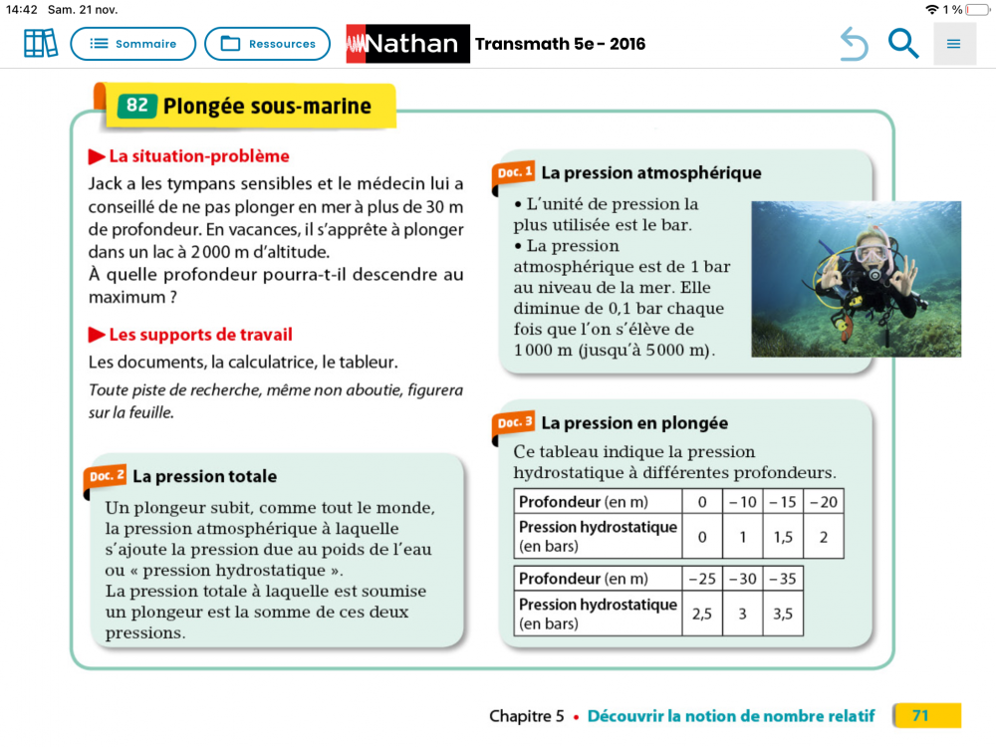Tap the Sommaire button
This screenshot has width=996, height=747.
click(x=132, y=44)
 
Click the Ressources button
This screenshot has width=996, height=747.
click(x=267, y=44)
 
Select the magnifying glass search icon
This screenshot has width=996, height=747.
click(x=903, y=44)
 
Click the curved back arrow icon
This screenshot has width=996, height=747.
click(x=854, y=44)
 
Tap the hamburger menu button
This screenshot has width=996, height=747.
click(x=954, y=44)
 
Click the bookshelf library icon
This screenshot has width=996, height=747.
click(x=41, y=44)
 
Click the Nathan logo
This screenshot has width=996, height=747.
click(x=407, y=44)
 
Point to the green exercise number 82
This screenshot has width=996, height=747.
click(x=137, y=107)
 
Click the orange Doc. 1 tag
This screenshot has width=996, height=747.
click(x=514, y=172)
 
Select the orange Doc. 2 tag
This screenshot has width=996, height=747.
click(x=106, y=476)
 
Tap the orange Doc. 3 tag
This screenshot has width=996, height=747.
click(x=514, y=423)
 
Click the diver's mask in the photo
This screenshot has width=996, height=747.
click(x=871, y=253)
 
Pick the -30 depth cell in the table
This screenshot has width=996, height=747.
click(x=742, y=579)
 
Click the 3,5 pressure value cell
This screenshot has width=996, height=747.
click(x=783, y=615)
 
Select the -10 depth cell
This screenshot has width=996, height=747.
click(x=742, y=502)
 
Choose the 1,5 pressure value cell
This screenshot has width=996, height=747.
click(x=783, y=537)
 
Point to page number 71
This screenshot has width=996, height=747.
click(x=920, y=715)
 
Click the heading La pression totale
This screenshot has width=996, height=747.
click(x=204, y=477)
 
